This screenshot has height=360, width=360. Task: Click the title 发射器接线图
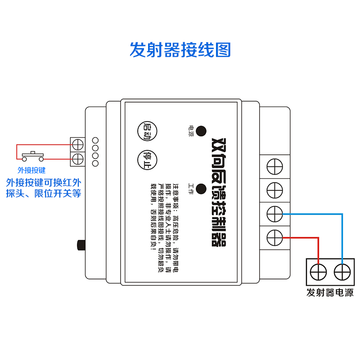coord(180,49)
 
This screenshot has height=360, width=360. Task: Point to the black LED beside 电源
coord(201,131)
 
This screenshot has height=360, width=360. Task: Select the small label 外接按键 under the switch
coord(31,170)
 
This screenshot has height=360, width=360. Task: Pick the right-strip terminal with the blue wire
coord(274,214)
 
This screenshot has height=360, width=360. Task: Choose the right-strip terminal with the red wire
coord(274,236)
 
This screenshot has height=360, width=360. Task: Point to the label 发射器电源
coord(330,292)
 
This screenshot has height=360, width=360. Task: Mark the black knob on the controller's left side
coord(81,245)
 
